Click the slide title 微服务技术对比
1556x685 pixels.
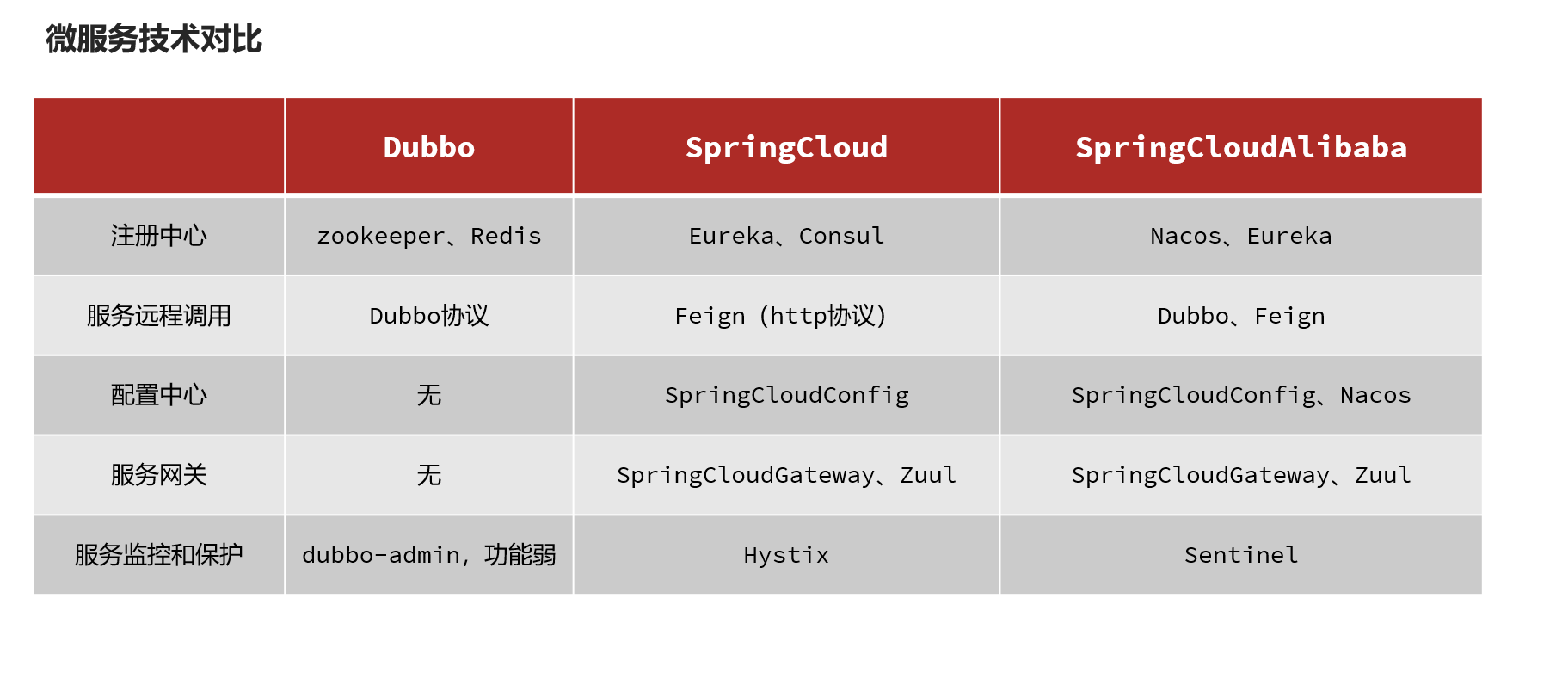[154, 40]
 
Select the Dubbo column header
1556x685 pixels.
[428, 147]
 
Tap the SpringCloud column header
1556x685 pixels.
[786, 147]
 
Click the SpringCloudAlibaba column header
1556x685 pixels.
[1241, 147]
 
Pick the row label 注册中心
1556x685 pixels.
[159, 236]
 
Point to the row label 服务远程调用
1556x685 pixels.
[159, 316]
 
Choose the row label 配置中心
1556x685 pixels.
[159, 395]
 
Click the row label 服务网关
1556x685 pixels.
[159, 475]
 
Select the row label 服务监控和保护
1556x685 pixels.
[159, 555]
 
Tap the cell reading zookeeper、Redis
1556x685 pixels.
[428, 236]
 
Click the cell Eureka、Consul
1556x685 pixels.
[786, 236]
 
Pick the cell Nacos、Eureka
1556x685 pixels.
[1241, 236]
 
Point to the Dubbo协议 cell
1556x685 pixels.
[428, 316]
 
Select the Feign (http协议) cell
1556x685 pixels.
[780, 316]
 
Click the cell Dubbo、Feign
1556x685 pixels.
[1241, 316]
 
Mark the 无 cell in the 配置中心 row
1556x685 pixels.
[428, 395]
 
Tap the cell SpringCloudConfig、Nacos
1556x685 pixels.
[1241, 395]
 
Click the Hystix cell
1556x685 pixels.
[786, 555]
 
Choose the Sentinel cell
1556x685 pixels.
[1241, 555]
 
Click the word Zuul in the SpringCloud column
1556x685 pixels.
[928, 475]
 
